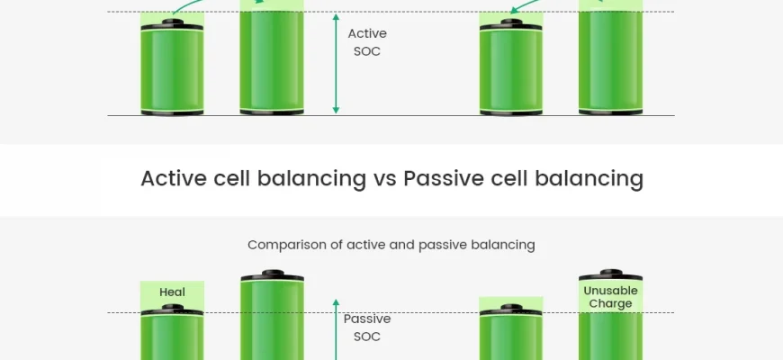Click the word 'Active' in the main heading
[x=174, y=178]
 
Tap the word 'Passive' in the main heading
[x=444, y=178]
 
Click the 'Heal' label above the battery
[x=172, y=292]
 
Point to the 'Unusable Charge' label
[x=610, y=297]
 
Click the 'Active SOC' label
[x=367, y=42]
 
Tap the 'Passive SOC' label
[x=367, y=328]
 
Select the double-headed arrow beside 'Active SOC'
[x=336, y=63]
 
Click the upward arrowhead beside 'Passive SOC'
[x=336, y=302]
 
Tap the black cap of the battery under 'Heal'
[x=172, y=309]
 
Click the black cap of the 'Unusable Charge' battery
[x=611, y=274]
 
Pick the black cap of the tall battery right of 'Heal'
[x=272, y=274]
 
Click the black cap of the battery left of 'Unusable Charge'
[x=511, y=309]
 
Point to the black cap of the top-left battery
[x=172, y=24]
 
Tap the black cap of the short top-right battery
[x=511, y=24]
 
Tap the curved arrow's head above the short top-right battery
[x=512, y=11]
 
